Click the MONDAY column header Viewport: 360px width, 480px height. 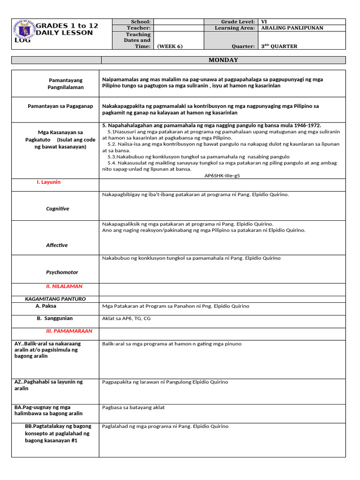coord(223,60)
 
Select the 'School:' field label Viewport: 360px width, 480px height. coord(141,22)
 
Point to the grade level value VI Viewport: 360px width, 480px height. coord(264,22)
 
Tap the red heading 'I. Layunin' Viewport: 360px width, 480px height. coord(49,182)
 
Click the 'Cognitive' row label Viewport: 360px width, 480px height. coord(57,209)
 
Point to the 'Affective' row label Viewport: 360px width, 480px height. coord(57,245)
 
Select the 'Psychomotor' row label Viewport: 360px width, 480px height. coord(62,272)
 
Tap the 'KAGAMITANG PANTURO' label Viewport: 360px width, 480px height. coord(55,299)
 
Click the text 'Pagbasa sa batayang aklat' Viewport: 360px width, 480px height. coord(133,408)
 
